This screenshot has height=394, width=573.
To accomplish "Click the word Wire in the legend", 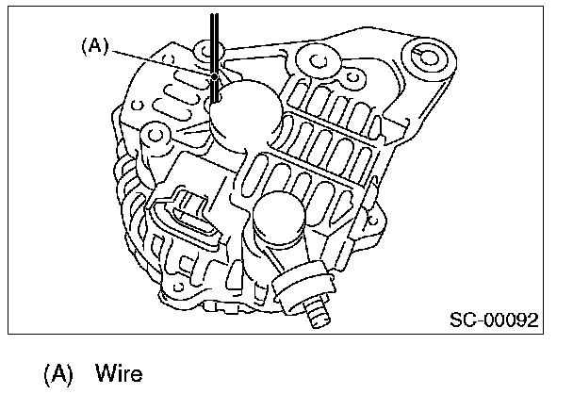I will click(118, 373).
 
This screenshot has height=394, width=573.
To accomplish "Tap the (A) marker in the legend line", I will click(58, 373).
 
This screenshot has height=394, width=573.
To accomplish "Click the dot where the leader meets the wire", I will click(215, 75).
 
